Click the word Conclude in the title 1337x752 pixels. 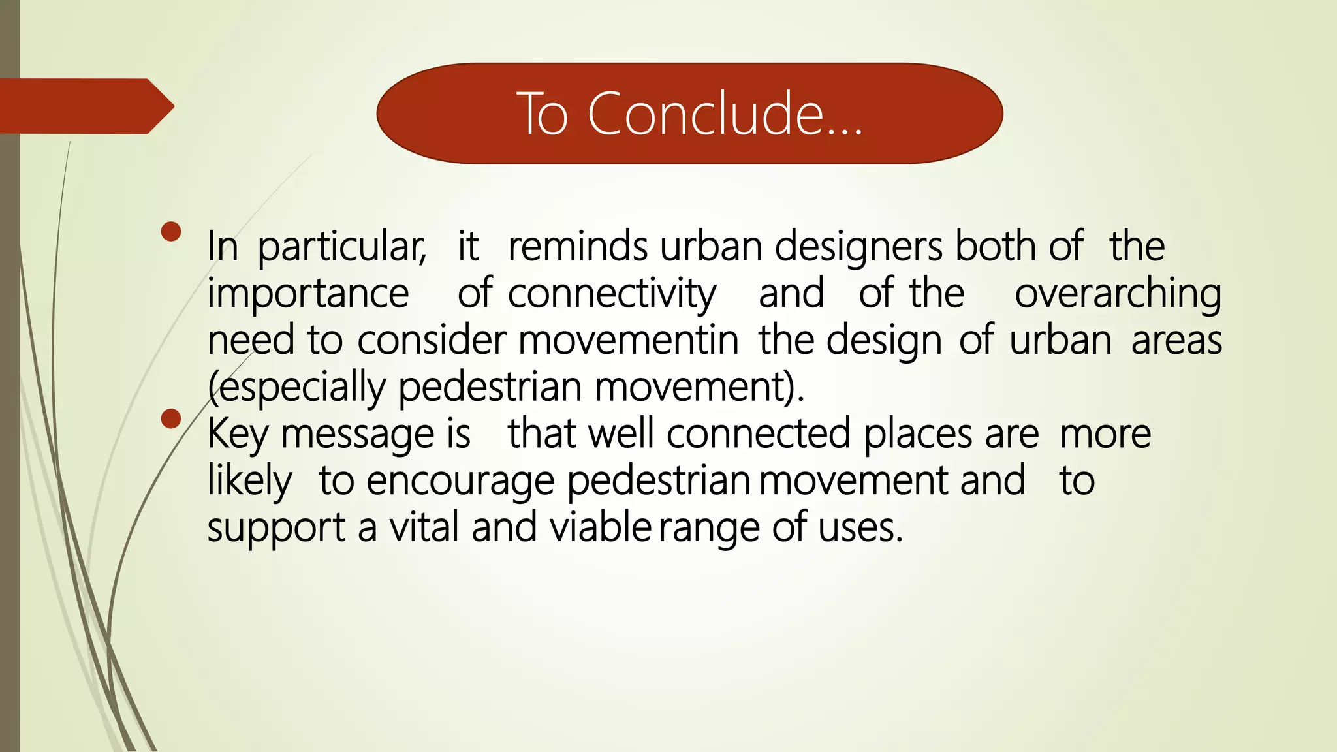coord(725,114)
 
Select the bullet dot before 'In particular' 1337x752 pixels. coord(171,232)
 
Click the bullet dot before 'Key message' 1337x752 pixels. coord(171,418)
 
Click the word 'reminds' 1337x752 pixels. coord(578,247)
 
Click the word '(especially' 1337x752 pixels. coord(297,388)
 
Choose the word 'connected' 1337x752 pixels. coord(759,434)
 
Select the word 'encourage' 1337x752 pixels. coord(460,482)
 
